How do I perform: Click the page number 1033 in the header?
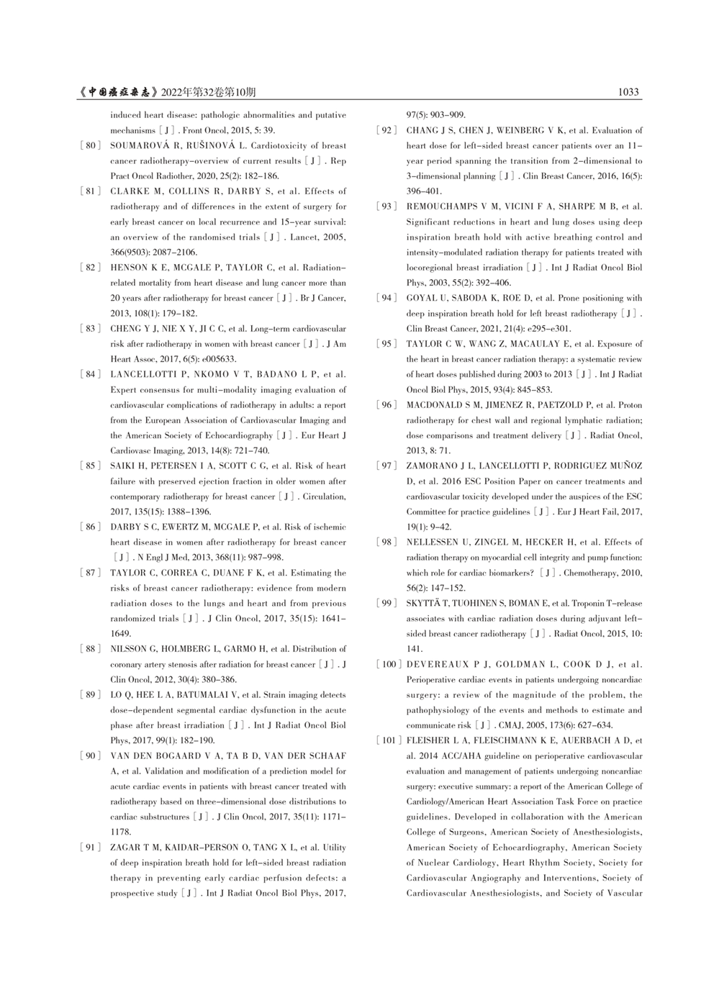click(628, 92)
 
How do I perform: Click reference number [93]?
click(386, 206)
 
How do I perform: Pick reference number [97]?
click(386, 466)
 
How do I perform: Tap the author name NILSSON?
click(130, 649)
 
